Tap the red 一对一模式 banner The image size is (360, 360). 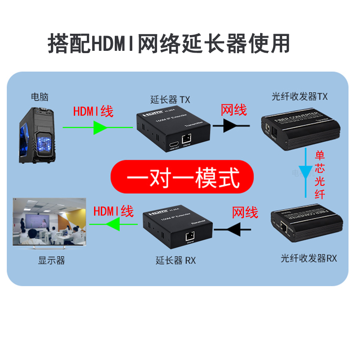coord(182,175)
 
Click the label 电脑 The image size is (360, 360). coord(39,97)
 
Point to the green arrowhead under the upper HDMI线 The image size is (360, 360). coord(99,128)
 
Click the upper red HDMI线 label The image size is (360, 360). coord(93,111)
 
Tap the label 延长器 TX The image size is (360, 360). coord(170,99)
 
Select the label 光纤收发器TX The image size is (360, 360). coord(300,97)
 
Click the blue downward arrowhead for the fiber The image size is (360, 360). coord(306,171)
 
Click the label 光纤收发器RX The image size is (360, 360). coord(309,258)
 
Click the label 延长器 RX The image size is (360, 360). coord(176,260)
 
